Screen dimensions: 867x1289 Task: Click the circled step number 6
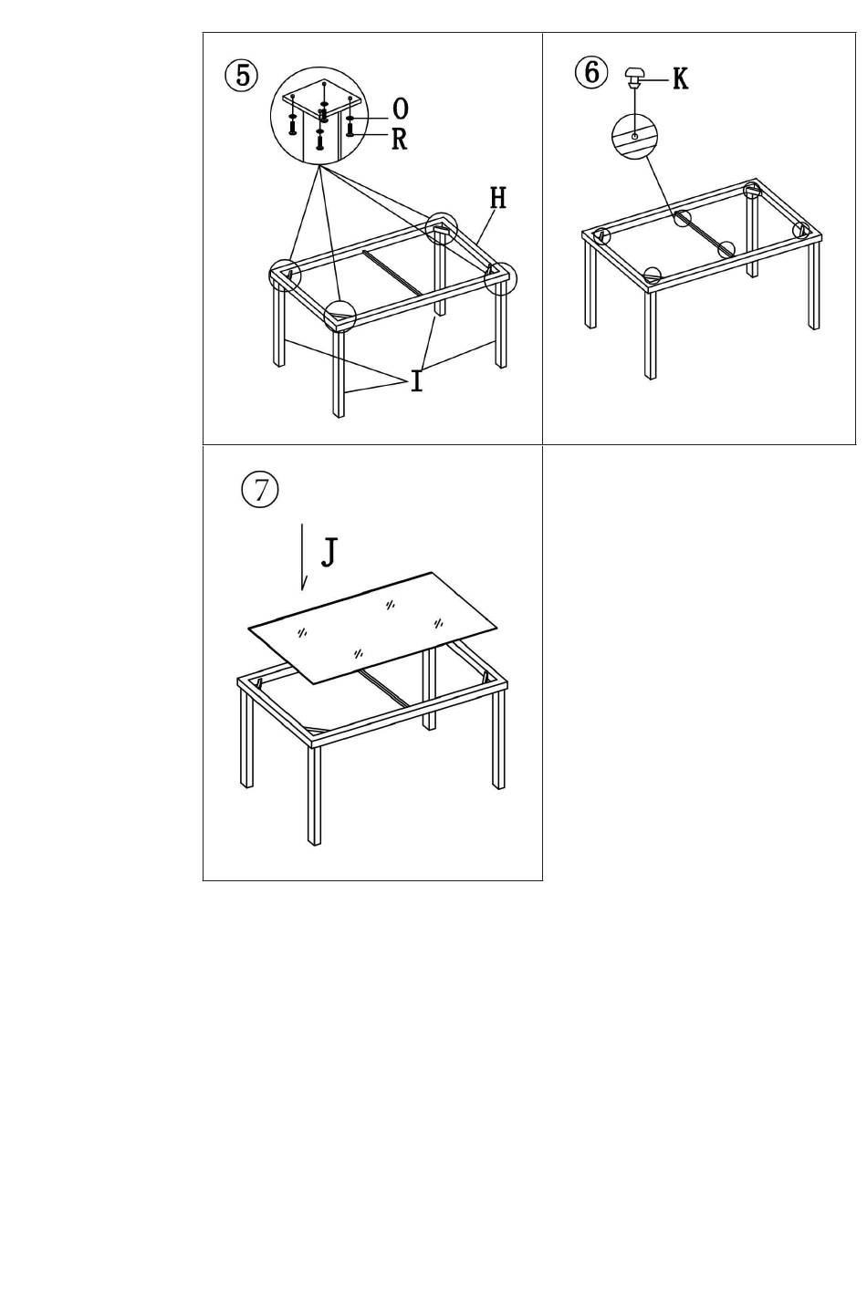[x=591, y=73]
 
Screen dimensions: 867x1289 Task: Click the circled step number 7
[x=259, y=490]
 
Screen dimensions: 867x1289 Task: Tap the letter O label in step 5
[x=401, y=109]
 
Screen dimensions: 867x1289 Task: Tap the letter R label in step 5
[x=400, y=139]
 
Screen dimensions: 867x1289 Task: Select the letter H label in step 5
[x=498, y=198]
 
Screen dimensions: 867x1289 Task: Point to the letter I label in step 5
[x=417, y=381]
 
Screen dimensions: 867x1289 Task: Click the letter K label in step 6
[x=681, y=78]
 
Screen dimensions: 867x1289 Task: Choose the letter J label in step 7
[x=329, y=553]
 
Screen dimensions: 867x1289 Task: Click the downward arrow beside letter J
[x=303, y=556]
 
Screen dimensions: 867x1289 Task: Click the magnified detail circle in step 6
[x=635, y=137]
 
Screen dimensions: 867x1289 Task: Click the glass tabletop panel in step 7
[x=373, y=628]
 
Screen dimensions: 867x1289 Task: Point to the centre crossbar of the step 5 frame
[x=396, y=272]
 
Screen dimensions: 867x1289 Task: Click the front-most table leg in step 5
[x=339, y=373]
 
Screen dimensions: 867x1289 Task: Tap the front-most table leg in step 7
[x=314, y=795]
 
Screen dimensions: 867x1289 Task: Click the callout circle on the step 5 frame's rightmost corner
[x=501, y=279]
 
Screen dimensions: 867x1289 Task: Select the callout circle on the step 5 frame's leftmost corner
[x=285, y=275]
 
